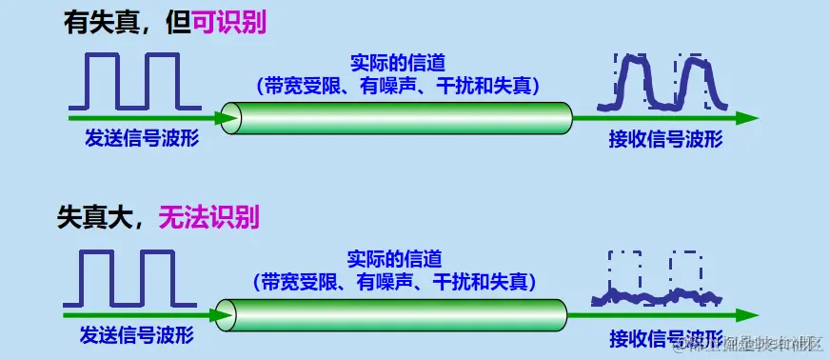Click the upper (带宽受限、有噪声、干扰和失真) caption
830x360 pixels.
(x=397, y=86)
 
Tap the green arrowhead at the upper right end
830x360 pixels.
(x=747, y=118)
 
